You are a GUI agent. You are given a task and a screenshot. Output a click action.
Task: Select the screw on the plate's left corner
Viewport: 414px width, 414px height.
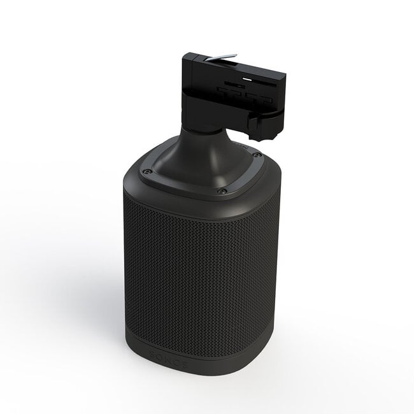(145, 170)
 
